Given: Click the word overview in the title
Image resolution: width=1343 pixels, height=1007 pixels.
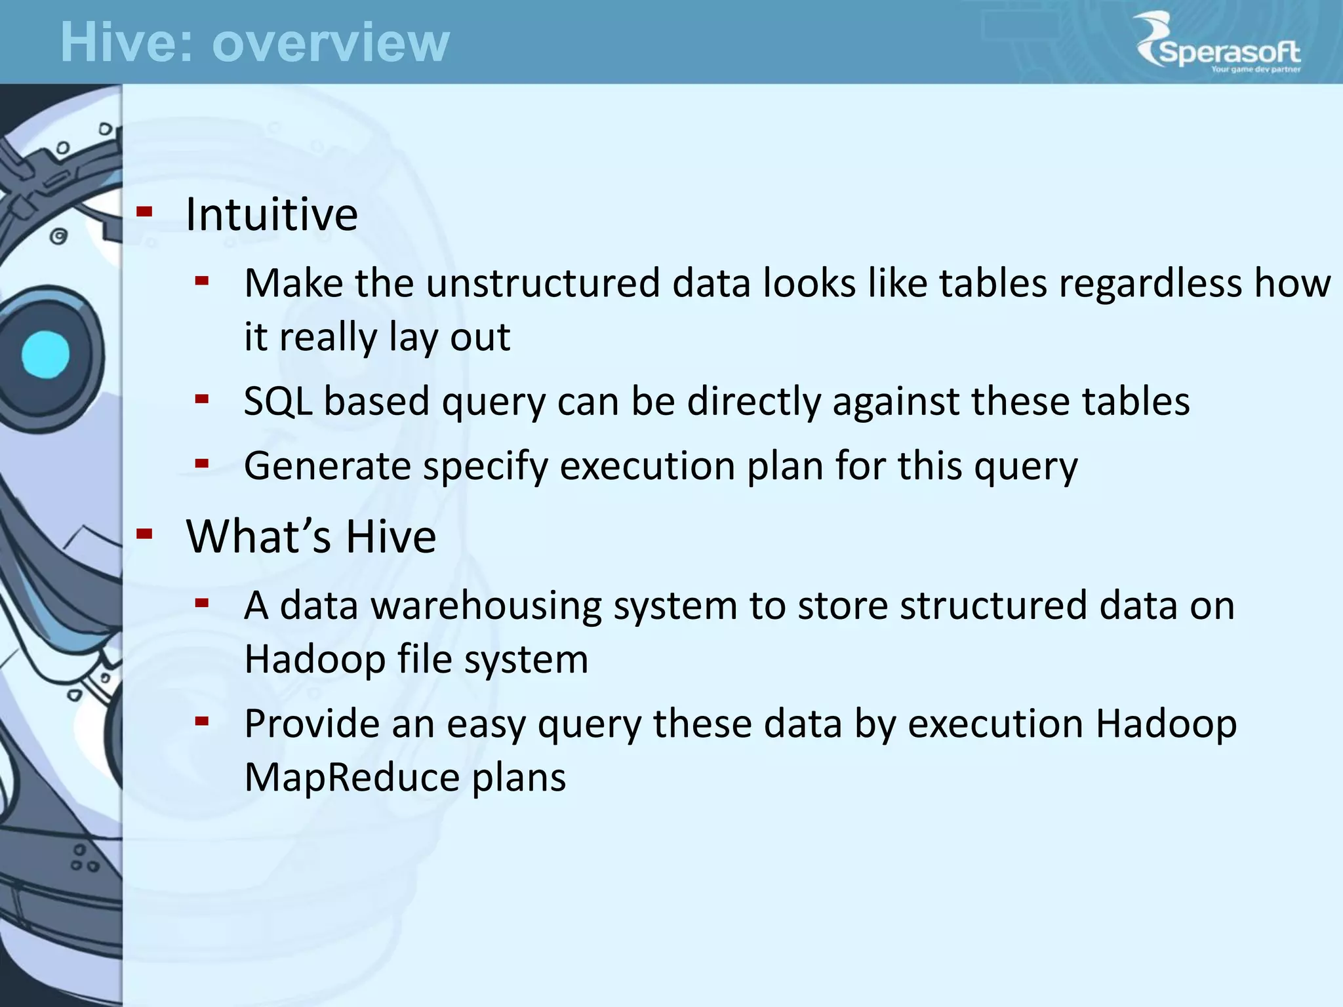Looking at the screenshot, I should [331, 43].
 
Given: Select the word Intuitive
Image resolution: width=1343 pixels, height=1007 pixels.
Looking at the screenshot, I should [271, 214].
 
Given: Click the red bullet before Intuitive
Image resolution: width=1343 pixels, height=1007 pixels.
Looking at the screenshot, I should [144, 212].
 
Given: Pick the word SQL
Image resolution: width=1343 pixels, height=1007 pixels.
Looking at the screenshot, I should [277, 401].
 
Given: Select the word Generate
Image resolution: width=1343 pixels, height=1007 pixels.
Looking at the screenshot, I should [327, 466].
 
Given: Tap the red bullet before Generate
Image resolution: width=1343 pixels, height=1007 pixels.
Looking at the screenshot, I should [202, 464].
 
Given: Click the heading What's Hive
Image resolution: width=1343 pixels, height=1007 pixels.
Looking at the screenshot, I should [311, 536].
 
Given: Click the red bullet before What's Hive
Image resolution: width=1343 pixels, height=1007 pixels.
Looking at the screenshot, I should [144, 534].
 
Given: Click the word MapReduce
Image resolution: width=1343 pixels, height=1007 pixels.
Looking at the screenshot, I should [352, 778].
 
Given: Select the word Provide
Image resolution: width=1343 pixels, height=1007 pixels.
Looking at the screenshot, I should [312, 724].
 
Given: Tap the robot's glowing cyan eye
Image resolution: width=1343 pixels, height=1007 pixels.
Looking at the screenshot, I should [45, 355].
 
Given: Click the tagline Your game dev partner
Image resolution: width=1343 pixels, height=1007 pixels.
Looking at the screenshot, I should [1255, 69].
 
